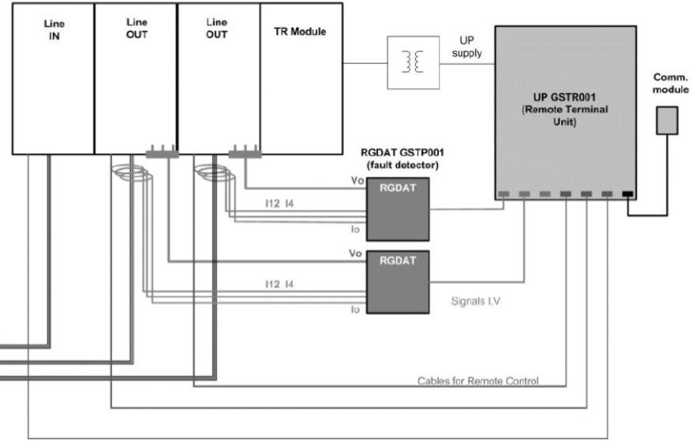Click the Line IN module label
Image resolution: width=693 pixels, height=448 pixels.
pyautogui.click(x=54, y=30)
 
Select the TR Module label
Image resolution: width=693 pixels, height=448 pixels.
pyautogui.click(x=300, y=32)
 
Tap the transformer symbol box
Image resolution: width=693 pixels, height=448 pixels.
pyautogui.click(x=414, y=62)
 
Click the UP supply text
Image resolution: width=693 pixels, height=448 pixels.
pyautogui.click(x=466, y=47)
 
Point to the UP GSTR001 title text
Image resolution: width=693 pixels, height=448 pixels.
pyautogui.click(x=564, y=97)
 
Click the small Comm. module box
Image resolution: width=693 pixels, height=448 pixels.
pyautogui.click(x=667, y=120)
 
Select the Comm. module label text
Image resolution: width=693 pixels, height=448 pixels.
pyautogui.click(x=670, y=83)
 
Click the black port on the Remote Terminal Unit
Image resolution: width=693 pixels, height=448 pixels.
pyautogui.click(x=627, y=194)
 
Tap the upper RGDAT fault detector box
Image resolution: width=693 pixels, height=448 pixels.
pyautogui.click(x=398, y=209)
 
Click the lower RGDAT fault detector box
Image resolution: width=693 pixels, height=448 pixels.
pyautogui.click(x=398, y=282)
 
